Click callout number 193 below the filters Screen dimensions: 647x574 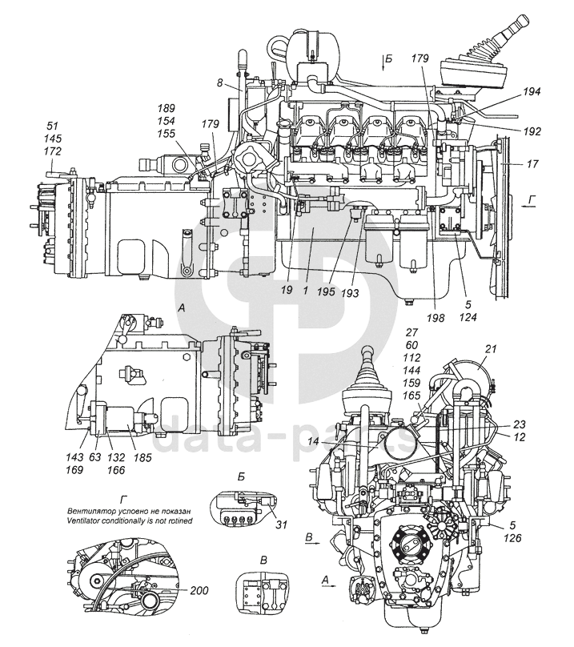click(349, 293)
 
